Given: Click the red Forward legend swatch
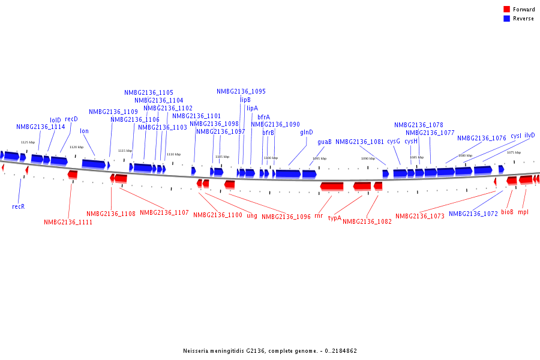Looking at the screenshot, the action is point(506,10).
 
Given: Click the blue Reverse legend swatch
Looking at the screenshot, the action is point(506,19).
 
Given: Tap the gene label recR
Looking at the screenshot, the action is point(18,206).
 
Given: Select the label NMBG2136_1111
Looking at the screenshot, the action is point(68,222).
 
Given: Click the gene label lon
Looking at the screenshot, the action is point(84,131).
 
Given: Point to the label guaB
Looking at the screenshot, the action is point(324,142).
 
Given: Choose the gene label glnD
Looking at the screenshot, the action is point(306,133).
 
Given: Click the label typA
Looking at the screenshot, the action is point(334,218).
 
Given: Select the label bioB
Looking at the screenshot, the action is point(507,212).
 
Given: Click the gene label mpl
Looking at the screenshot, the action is point(523,212).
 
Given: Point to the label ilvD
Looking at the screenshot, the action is point(529,136).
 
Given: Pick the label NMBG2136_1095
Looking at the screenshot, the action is point(241,91).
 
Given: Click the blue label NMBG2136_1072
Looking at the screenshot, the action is point(473,214).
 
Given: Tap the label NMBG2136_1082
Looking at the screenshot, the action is point(367,221).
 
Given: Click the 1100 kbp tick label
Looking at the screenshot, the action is point(271,158).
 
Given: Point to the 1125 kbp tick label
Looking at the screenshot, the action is point(28,142).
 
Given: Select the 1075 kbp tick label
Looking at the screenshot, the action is point(514,152).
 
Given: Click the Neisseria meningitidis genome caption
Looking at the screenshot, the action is point(270,351).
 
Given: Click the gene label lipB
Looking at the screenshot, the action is point(245,100).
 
